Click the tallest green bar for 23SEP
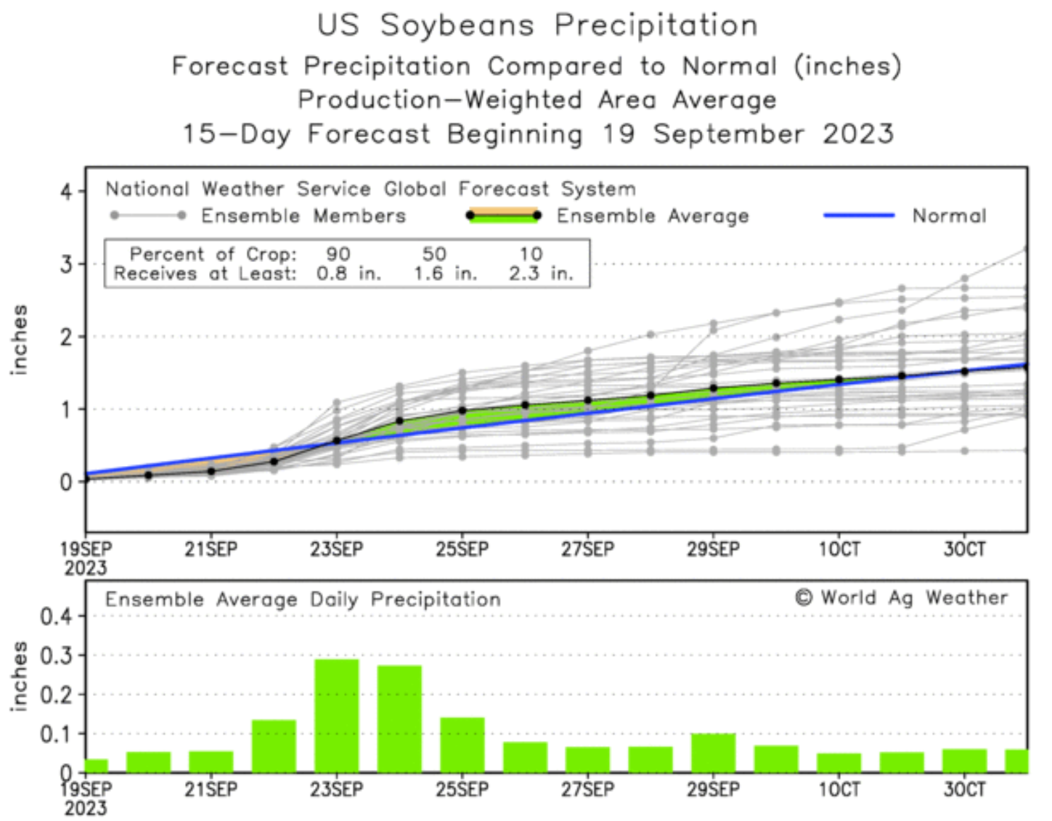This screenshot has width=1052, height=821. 336,715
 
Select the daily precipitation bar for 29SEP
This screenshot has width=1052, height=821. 713,753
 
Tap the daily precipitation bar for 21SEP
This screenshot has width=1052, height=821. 211,761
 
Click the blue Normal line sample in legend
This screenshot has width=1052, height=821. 859,216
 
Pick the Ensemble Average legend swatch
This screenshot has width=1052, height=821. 504,216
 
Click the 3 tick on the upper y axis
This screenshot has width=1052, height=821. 67,264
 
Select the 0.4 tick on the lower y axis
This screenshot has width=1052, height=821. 56,617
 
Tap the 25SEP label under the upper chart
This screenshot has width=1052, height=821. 462,550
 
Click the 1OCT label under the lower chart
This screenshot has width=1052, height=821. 839,790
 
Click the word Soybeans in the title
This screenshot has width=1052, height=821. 457,25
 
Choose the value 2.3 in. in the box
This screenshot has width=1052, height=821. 541,274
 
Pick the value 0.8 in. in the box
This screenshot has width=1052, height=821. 348,274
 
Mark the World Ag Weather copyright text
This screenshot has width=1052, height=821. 902,598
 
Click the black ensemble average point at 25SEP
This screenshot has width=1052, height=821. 462,411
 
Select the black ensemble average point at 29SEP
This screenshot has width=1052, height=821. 714,388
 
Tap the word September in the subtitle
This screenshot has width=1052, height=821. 728,134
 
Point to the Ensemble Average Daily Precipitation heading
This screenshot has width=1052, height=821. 303,600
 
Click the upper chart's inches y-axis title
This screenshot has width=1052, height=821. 20,340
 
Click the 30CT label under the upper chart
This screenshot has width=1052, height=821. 965,550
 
